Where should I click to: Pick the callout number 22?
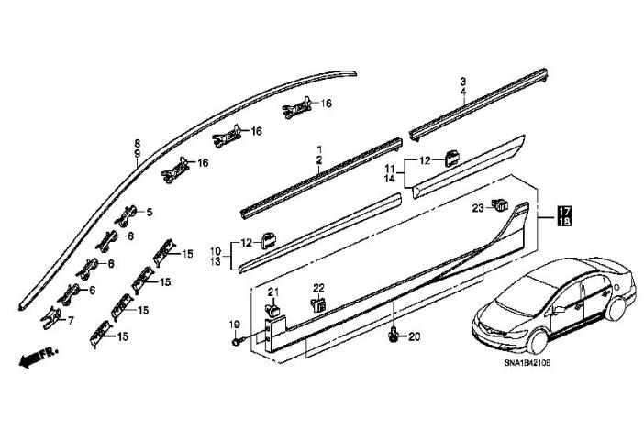pyautogui.click(x=318, y=289)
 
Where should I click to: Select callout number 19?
pyautogui.click(x=233, y=325)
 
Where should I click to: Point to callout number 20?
pyautogui.click(x=414, y=337)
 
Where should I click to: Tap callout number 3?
pyautogui.click(x=463, y=81)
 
